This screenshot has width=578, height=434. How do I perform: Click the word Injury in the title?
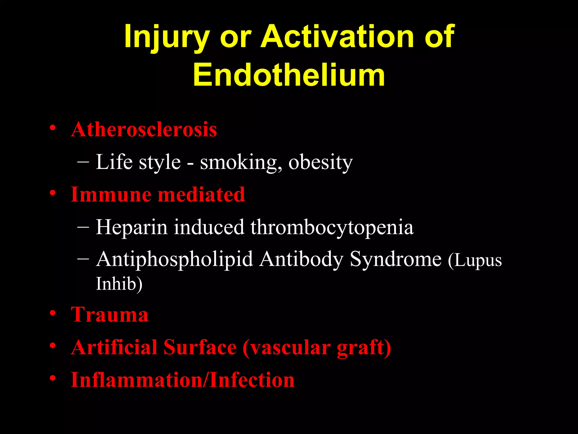167,37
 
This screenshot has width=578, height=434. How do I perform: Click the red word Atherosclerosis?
144,130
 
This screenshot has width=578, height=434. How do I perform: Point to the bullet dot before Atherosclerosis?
52,128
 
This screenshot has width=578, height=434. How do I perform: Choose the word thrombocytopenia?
332,227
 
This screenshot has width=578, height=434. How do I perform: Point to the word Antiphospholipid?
174,259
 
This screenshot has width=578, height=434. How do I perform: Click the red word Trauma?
110,315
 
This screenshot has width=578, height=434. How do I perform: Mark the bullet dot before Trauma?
52,313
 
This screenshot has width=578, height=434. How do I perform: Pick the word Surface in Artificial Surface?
200,347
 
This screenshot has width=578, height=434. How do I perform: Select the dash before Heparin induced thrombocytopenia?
83,226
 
